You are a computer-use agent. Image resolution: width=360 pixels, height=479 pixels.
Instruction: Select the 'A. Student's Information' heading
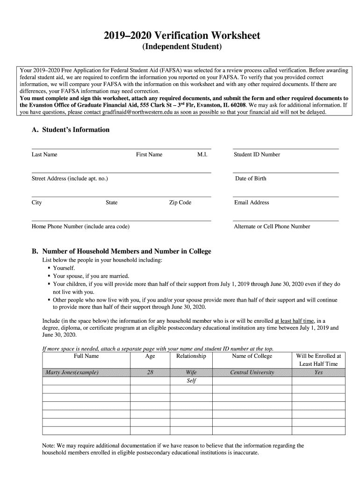[71, 130]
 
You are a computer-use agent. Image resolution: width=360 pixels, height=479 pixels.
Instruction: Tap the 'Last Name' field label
[44, 154]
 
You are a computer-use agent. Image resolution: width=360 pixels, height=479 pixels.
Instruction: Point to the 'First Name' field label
[149, 154]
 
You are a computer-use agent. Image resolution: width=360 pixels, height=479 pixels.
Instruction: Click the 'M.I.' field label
[202, 154]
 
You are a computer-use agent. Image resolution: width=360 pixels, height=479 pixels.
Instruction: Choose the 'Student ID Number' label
[257, 154]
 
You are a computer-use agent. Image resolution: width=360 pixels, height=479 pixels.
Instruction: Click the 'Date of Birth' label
[251, 179]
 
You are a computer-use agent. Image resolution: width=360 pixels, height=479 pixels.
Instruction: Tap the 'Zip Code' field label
[180, 203]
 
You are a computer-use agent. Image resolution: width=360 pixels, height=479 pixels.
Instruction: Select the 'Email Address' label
[252, 203]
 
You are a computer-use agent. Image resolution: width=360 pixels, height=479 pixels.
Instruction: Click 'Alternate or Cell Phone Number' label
[272, 226]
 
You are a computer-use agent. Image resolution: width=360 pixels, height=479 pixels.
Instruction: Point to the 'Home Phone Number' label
[80, 226]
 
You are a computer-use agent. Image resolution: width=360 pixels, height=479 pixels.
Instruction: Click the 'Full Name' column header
[86, 356]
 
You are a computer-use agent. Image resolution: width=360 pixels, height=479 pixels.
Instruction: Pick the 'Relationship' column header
[191, 356]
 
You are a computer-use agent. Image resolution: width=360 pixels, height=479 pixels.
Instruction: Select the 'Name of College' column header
[252, 356]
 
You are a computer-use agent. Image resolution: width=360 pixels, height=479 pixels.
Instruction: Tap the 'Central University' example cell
[252, 372]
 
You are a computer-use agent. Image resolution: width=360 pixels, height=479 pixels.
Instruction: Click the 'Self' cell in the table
[191, 381]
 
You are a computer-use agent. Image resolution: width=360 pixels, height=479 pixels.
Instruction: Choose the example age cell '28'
[150, 372]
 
